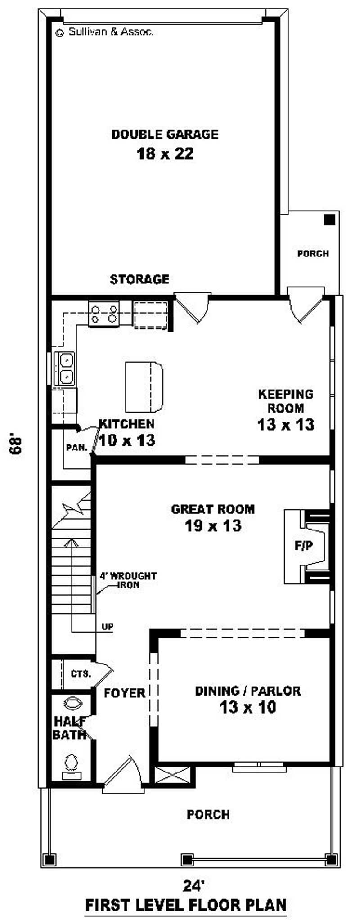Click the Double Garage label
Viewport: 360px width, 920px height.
click(165, 134)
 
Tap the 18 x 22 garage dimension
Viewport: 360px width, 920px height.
click(165, 154)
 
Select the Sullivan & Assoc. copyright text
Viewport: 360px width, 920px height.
click(104, 32)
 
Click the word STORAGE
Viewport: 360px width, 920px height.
click(139, 279)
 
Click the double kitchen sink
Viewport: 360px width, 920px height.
click(65, 368)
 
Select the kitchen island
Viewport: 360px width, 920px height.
click(144, 386)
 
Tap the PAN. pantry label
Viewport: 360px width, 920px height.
click(76, 448)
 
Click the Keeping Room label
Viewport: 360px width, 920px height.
click(286, 401)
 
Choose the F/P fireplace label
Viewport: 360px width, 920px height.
click(304, 546)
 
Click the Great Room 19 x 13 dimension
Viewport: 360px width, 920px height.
click(213, 525)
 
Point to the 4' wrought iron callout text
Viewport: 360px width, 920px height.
click(128, 580)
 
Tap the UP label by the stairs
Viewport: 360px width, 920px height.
click(108, 627)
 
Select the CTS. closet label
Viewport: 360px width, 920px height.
click(81, 674)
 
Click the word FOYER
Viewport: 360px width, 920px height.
click(125, 693)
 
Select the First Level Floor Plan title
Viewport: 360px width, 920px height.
click(186, 904)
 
